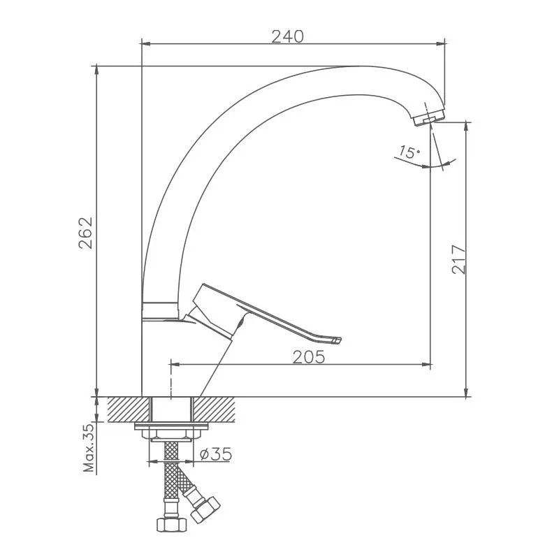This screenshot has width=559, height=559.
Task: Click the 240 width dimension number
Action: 287,36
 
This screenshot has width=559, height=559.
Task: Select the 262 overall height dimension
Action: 85,233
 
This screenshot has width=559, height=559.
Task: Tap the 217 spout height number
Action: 458,259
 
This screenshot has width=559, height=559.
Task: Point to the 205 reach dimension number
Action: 309,357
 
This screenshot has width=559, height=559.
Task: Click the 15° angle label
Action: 409,152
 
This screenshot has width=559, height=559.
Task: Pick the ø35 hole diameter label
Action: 216,454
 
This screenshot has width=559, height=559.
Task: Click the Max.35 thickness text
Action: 89,448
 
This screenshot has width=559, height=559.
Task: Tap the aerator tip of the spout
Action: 428,117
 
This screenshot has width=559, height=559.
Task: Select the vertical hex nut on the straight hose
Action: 171,523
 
